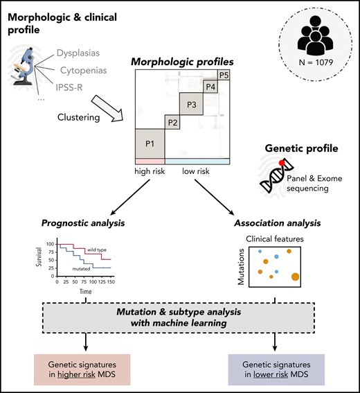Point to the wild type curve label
(96, 250)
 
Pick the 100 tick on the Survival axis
(49, 245)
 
